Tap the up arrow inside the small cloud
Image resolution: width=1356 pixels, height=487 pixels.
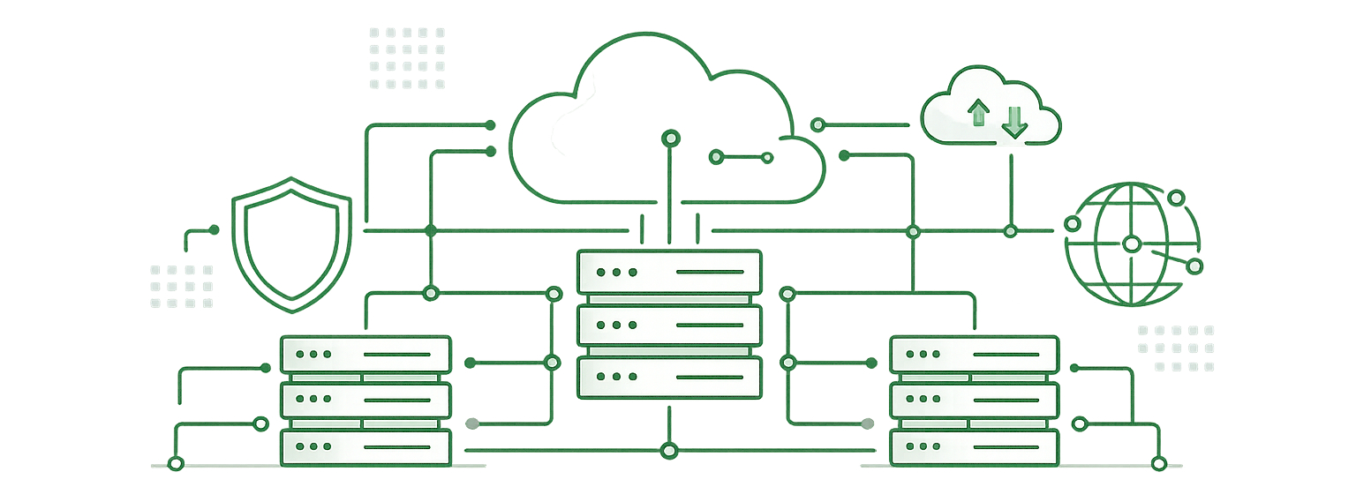[x=978, y=112]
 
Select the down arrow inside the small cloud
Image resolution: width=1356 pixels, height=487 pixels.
[x=1014, y=122]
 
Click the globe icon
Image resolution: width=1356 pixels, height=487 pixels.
[x=1133, y=243]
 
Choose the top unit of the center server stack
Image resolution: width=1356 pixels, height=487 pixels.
[x=668, y=272]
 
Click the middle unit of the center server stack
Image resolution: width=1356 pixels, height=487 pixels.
[x=668, y=326]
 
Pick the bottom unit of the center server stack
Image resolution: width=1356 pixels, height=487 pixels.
[x=668, y=377]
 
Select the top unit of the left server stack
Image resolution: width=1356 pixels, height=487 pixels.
[x=365, y=354]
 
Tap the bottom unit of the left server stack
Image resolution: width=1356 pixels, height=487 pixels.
[x=365, y=447]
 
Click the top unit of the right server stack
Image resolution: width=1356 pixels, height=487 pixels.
[x=974, y=354]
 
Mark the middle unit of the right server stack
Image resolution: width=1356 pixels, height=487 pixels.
[x=974, y=401]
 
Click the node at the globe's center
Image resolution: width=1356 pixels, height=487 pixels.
[x=1131, y=243]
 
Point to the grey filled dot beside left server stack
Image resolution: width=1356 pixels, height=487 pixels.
[x=472, y=423]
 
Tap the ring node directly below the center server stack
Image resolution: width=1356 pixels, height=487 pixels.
[x=668, y=451]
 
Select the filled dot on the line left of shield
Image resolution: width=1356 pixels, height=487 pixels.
[x=213, y=230]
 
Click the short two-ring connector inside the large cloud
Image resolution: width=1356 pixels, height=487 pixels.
[x=742, y=157]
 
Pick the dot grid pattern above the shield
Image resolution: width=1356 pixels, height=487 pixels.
[x=407, y=58]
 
